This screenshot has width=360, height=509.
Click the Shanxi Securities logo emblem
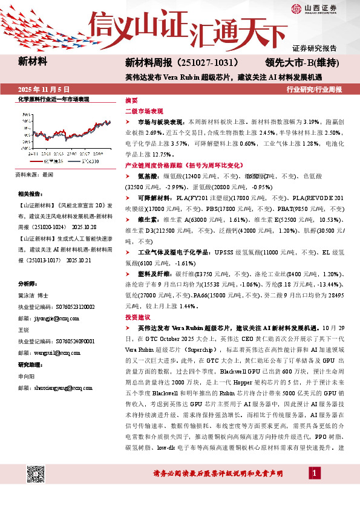coord(297,8)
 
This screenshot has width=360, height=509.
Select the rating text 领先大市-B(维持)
coord(302,62)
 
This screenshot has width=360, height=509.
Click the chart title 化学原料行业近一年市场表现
coord(53,99)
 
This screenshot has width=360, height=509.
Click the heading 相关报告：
coord(31,194)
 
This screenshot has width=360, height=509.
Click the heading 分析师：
coord(28,284)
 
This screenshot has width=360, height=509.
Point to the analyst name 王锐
coord(24,330)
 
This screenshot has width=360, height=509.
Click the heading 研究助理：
coord(31,365)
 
